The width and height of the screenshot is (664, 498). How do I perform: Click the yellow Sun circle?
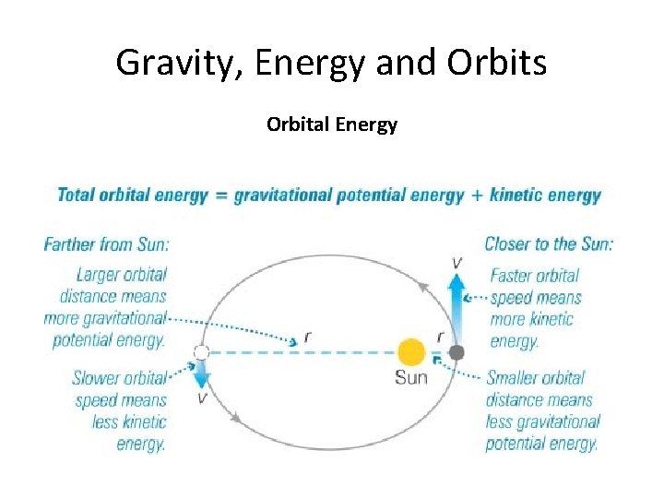[411, 352]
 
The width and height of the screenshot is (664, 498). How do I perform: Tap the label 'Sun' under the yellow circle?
[411, 377]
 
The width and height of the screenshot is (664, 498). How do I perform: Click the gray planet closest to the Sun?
[456, 352]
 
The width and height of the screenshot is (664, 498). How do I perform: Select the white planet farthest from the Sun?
[201, 352]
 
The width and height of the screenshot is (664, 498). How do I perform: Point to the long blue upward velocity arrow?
[456, 304]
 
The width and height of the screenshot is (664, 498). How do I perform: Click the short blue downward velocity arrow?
[201, 373]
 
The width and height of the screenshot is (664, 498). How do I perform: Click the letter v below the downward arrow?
[201, 397]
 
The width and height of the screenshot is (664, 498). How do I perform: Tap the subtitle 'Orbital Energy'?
[332, 124]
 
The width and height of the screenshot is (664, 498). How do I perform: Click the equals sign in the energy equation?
[221, 196]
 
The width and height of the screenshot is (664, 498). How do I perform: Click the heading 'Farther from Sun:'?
[106, 244]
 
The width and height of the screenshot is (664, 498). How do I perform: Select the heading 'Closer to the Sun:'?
[549, 244]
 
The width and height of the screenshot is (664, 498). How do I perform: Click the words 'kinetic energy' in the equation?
[545, 196]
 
